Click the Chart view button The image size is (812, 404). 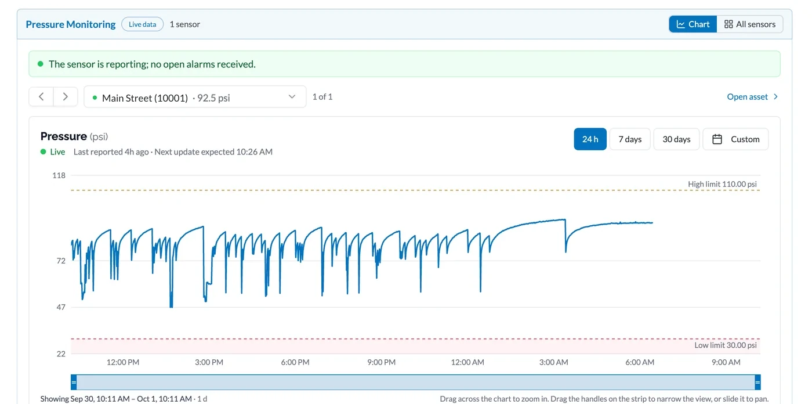coord(693,24)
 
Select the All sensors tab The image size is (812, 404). coord(749,24)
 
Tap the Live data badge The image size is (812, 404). coord(143,24)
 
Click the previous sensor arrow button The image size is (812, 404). coord(41,97)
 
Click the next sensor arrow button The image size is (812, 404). coord(65,97)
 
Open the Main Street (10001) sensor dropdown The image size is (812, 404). coord(195,97)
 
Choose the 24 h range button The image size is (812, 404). coord(590,139)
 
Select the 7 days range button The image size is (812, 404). coord(630,139)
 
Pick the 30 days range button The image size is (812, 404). coord(676,139)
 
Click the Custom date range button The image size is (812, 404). coord(735,139)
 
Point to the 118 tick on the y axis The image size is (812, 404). coord(59,175)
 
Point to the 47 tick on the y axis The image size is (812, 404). coord(61,307)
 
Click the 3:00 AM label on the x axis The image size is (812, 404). coord(553,362)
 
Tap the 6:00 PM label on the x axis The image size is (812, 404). coord(295,362)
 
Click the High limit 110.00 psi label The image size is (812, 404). coord(723,184)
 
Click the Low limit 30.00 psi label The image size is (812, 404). coord(726,345)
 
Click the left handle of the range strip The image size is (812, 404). coord(74,383)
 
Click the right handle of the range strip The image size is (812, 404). coord(757,383)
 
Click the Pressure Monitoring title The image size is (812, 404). coord(71,24)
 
